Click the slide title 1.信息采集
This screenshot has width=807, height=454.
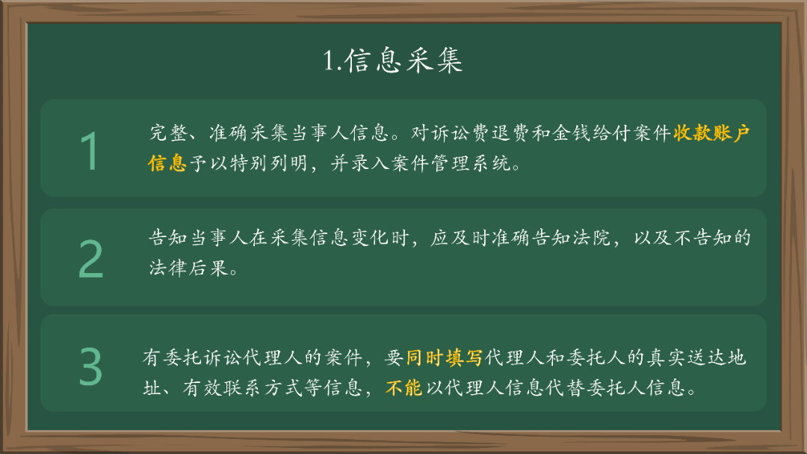tap(392, 61)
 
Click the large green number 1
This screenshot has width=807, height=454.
tap(90, 151)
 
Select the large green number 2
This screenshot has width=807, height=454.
tap(90, 260)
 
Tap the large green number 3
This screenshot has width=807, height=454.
tap(90, 366)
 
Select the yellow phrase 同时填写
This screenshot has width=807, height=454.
tap(444, 358)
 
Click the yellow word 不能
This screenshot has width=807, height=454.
tap(404, 388)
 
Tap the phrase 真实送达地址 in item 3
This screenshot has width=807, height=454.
tap(695, 358)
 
